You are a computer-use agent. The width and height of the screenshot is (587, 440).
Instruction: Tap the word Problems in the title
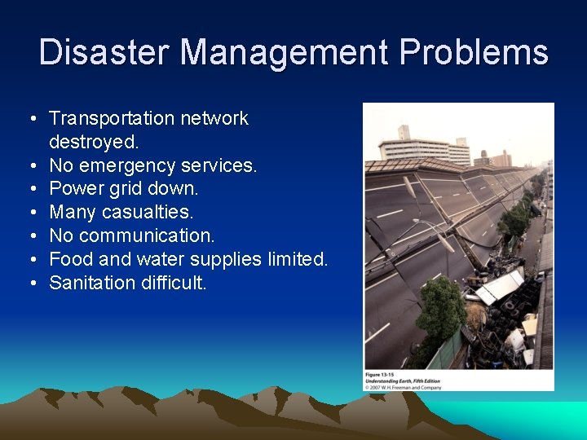tap(474, 53)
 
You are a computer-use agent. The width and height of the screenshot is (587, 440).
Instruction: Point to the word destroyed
tap(94, 142)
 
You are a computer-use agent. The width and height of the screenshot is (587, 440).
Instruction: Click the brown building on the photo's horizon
tap(500, 158)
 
